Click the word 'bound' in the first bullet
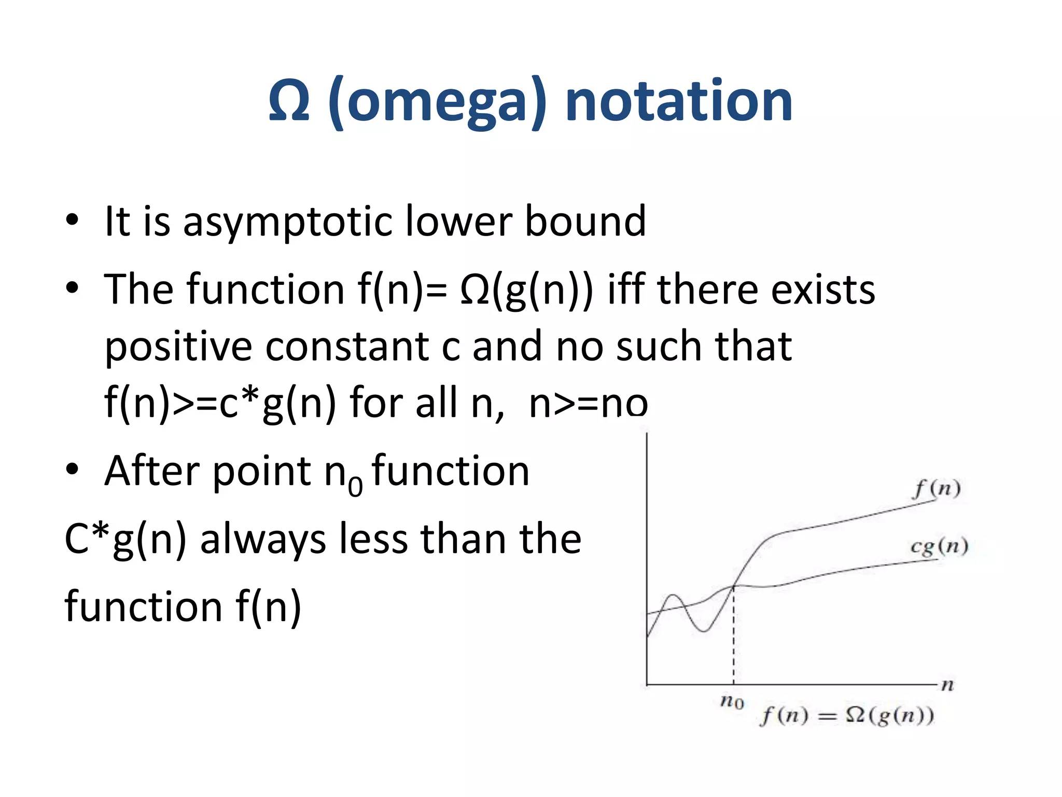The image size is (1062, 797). coord(585,222)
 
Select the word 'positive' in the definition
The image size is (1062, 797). coord(178,347)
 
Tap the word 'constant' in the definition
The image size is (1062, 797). coord(347,346)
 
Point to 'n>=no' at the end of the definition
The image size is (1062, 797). coord(588,403)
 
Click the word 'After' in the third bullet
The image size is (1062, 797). coord(152,471)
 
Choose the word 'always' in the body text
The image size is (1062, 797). coord(262,539)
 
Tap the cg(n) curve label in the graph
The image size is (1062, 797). coord(939,546)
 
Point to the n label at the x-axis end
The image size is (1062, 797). coord(947,685)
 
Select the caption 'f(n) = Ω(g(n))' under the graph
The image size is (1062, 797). coord(847,716)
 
